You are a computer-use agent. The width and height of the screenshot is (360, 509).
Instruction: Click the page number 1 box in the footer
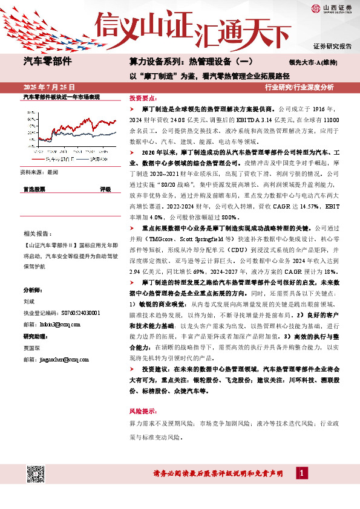pyautogui.click(x=301, y=472)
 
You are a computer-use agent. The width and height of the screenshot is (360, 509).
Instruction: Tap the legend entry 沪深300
pyautogui.click(x=96, y=159)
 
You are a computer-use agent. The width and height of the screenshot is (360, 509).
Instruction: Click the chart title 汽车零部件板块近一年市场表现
pyautogui.click(x=61, y=97)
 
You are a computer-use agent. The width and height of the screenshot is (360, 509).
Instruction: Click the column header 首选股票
pyautogui.click(x=34, y=189)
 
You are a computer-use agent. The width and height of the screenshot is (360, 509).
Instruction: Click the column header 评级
pyautogui.click(x=105, y=189)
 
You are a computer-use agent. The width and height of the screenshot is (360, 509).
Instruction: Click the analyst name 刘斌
pyautogui.click(x=30, y=300)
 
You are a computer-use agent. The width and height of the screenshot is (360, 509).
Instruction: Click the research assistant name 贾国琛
pyautogui.click(x=32, y=348)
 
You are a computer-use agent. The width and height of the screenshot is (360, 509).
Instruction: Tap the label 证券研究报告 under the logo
pyautogui.click(x=332, y=46)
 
